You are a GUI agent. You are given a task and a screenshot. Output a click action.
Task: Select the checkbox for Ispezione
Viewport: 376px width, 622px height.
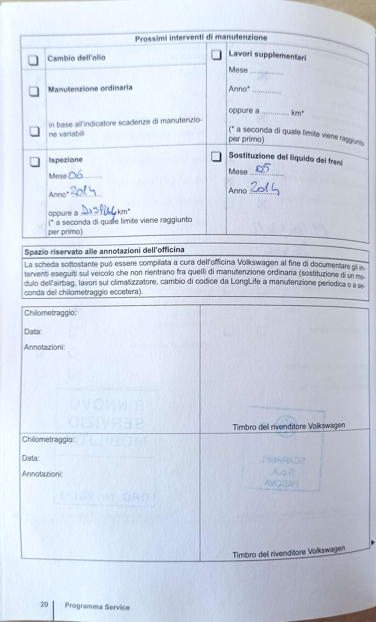(35, 162)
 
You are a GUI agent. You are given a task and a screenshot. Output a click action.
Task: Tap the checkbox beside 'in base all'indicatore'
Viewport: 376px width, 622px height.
(35, 131)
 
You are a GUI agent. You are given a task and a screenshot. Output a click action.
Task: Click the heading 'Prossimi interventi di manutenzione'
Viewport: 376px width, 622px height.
(201, 38)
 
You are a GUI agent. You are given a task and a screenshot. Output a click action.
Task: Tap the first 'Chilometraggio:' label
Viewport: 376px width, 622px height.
(50, 313)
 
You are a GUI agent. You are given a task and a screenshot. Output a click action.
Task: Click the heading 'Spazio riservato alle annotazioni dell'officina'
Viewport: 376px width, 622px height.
(104, 251)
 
